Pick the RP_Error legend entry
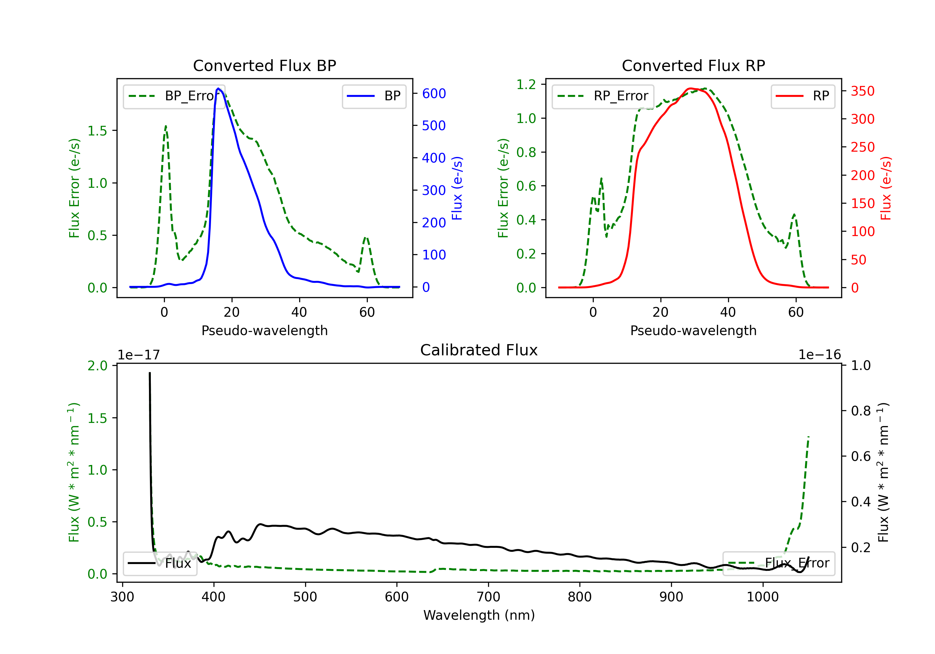(603, 96)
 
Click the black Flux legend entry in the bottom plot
(160, 563)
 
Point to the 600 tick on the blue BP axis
(434, 94)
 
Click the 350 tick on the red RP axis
(862, 91)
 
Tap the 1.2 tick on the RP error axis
(526, 85)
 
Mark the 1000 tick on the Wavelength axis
(762, 597)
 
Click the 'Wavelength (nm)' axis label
(479, 615)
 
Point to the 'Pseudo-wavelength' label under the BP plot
(264, 330)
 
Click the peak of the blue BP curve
(218, 88)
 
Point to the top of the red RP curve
(690, 88)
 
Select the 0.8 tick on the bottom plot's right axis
(861, 411)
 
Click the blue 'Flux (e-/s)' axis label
(457, 188)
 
